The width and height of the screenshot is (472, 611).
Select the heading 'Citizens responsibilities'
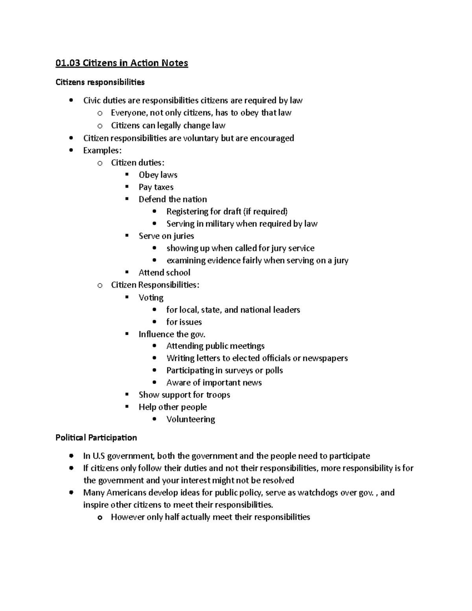point(100,82)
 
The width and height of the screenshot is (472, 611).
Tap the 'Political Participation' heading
point(96,437)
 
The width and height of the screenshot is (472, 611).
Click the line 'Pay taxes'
point(156,187)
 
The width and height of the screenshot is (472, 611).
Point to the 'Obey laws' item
point(158,175)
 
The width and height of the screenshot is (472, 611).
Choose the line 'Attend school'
point(164,273)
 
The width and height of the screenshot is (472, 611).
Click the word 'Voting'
point(151,297)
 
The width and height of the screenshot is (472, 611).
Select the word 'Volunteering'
point(190,419)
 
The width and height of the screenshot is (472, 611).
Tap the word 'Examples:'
point(102,150)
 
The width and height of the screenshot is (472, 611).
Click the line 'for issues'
point(184,322)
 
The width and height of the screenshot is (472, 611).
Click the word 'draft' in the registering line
point(232,212)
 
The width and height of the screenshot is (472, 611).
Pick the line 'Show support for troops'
point(184,395)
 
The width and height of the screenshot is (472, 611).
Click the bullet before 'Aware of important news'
point(155,382)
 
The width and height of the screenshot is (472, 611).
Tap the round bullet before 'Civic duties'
point(70,100)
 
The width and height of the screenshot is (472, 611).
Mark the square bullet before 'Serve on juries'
point(127,236)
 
